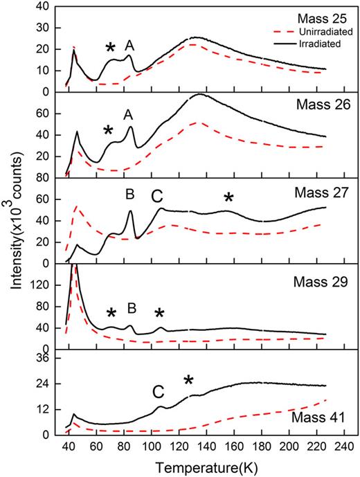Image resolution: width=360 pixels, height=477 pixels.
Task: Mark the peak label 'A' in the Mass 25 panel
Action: click(129, 46)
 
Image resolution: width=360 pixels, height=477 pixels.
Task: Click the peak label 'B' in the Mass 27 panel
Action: click(130, 195)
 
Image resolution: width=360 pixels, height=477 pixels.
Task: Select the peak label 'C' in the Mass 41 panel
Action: click(158, 392)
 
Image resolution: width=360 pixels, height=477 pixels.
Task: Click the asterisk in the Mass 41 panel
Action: click(188, 379)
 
